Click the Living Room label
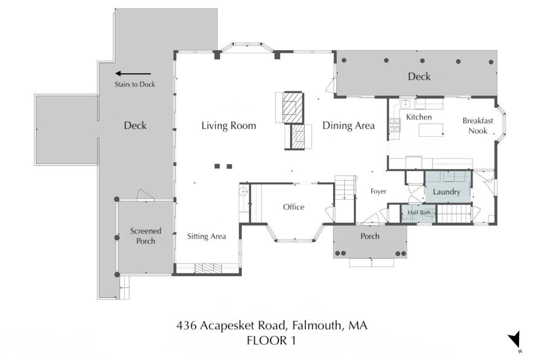[x=229, y=125]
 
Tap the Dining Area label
[x=349, y=126]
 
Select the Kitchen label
[x=418, y=117]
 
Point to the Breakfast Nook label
[x=478, y=126]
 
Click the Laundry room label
[x=446, y=192]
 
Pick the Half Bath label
[x=419, y=213]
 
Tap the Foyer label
[x=378, y=191]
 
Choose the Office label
[x=294, y=207]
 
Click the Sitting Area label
[x=206, y=236]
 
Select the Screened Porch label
[x=145, y=236]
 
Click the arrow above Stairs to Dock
[x=133, y=73]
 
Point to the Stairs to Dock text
[x=134, y=84]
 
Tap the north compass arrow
[x=515, y=339]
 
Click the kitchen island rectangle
[x=431, y=130]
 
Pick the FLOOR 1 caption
[x=271, y=341]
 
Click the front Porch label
[x=370, y=236]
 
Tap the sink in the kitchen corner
[x=406, y=103]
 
